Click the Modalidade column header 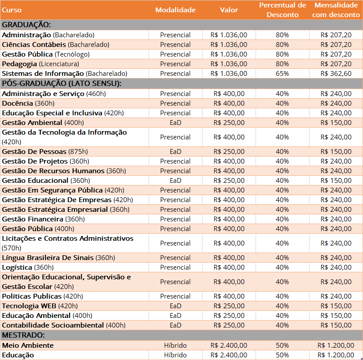tap(175, 10)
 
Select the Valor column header tap(229, 10)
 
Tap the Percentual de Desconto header tap(282, 10)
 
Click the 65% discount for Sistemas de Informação tap(282, 74)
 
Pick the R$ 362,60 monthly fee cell tap(336, 74)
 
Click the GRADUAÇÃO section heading tap(26, 25)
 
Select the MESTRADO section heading tap(23, 335)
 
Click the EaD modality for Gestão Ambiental tap(175, 123)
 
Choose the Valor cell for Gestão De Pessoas tap(229, 152)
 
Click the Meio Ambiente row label tap(28, 346)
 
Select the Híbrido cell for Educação tap(175, 355)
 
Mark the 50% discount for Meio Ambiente tap(282, 346)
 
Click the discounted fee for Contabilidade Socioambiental tap(336, 325)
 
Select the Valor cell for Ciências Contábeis tap(229, 45)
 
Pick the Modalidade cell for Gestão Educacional tap(175, 181)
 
